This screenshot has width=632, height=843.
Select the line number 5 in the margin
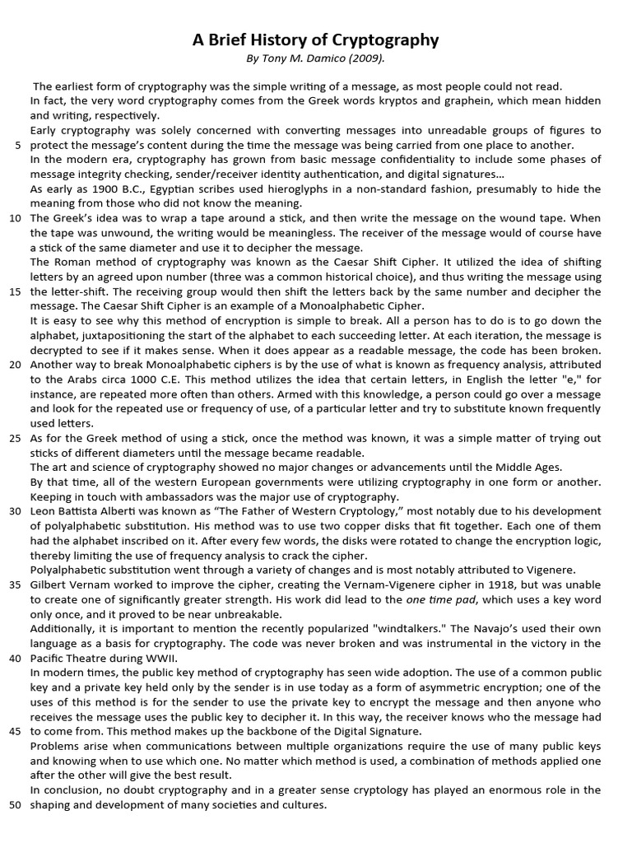[x=18, y=145]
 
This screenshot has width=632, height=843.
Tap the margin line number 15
[x=16, y=291]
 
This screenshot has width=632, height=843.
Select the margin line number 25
[x=16, y=438]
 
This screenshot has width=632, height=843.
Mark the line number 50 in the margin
[x=16, y=804]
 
